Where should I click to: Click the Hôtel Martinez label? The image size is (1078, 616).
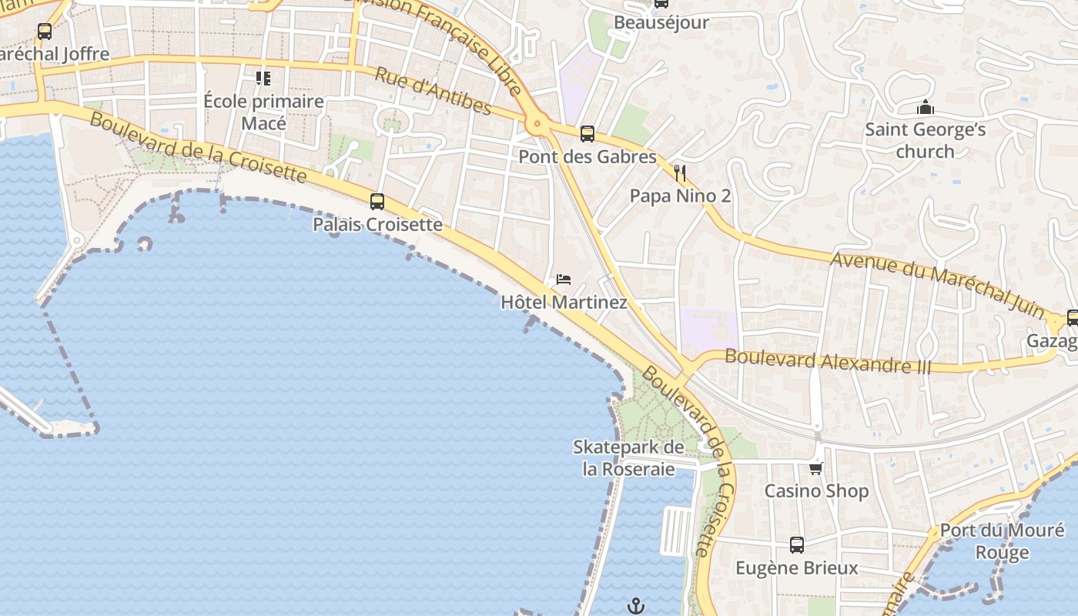tap(564, 302)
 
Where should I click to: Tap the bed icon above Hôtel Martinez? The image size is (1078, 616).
tap(564, 279)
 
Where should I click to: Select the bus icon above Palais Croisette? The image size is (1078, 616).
tap(377, 202)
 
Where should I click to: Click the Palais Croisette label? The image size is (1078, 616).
tap(377, 224)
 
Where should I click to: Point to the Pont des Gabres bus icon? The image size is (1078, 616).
tap(588, 134)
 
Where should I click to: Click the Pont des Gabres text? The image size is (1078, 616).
tap(587, 157)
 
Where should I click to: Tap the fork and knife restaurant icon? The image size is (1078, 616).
tap(679, 172)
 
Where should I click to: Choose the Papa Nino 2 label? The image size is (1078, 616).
tap(680, 196)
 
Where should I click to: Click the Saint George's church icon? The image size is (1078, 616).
tap(925, 107)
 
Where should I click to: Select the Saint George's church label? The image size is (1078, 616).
tap(925, 140)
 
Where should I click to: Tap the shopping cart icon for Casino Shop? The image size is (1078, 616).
tap(816, 468)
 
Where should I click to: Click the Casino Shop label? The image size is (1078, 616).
tap(816, 490)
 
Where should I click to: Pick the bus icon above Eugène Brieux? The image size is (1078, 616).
tap(797, 545)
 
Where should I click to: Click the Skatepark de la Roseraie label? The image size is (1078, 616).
tap(628, 458)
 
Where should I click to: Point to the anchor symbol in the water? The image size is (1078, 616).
tap(635, 606)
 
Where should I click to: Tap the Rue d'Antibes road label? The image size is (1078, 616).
tap(433, 90)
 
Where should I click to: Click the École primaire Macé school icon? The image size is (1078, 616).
tap(263, 78)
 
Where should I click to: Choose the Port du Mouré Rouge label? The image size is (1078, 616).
tap(1002, 541)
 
